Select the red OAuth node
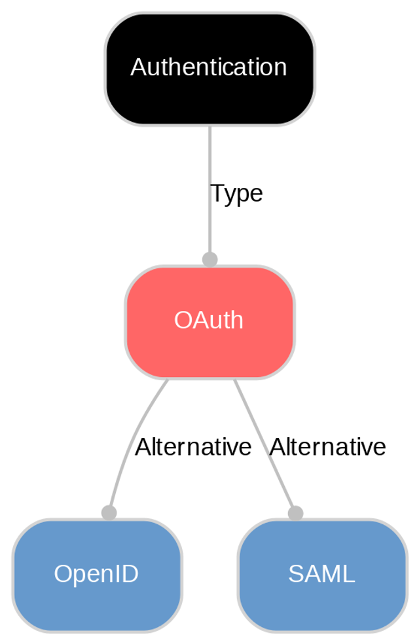(x=209, y=347)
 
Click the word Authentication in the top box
(x=208, y=67)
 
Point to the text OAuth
(x=208, y=320)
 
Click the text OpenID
(x=96, y=574)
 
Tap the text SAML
(x=321, y=574)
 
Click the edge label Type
(x=236, y=194)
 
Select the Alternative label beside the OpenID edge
(x=192, y=447)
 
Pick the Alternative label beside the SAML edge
(x=327, y=447)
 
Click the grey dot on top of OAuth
(x=209, y=259)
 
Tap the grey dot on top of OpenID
(x=109, y=512)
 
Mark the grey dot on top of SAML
(x=295, y=512)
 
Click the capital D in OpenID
(x=130, y=574)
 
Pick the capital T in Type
(x=217, y=194)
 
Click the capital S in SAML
(x=295, y=574)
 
